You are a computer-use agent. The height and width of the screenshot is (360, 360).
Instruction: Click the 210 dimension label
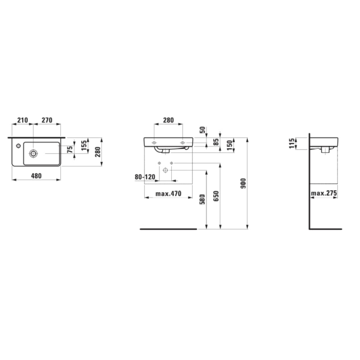pos(22,120)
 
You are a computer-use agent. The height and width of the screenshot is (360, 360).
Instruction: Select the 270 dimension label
pos(47,120)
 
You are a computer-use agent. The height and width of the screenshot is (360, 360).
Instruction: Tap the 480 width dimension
pos(36,176)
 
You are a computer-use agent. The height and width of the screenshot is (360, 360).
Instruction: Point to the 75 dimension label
pos(70,150)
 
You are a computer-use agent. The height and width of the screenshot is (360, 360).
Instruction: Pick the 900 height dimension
pos(243,184)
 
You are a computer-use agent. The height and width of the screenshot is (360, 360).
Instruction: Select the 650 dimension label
pos(216,196)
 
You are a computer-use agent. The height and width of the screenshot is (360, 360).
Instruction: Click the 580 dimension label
pos(202,199)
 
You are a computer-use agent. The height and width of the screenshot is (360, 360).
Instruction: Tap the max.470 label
pos(168,193)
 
